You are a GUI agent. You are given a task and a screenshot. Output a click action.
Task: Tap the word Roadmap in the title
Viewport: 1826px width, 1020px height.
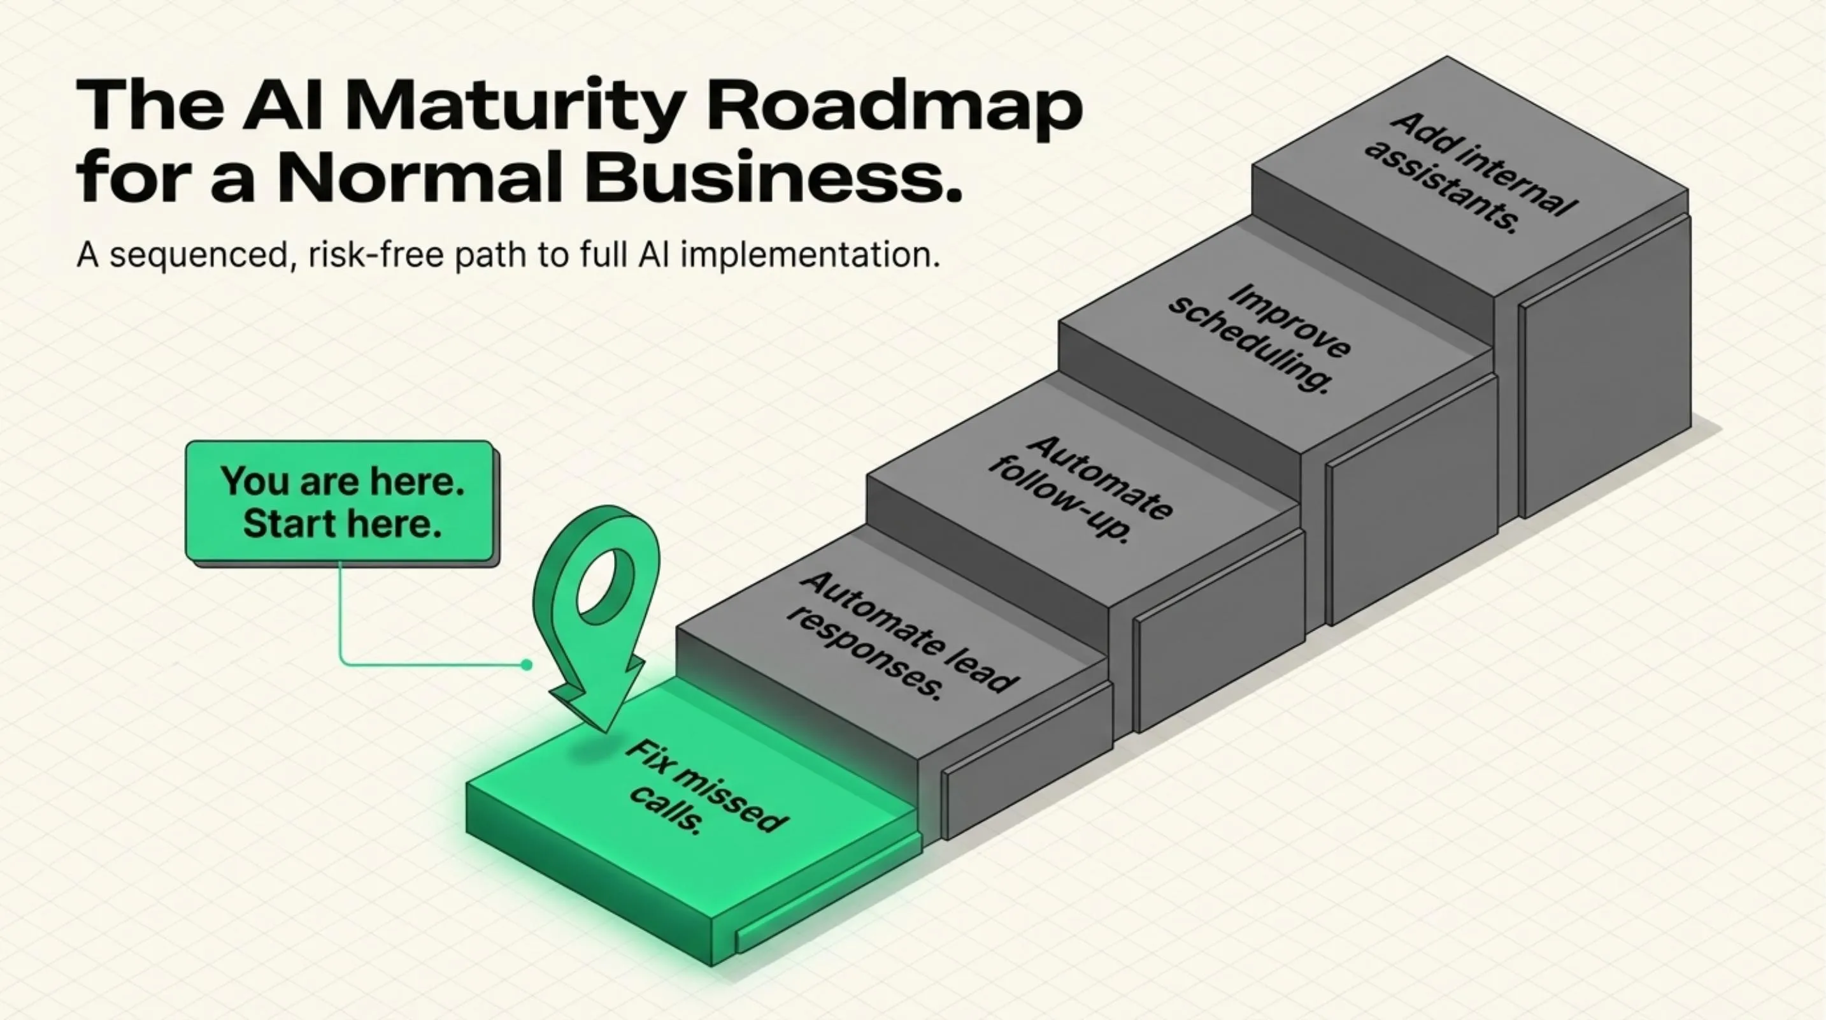[895, 106]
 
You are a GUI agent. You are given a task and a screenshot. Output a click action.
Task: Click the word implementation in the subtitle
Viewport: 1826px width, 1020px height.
[810, 254]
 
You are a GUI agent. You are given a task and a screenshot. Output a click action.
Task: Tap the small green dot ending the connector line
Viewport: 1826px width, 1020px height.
[526, 665]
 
